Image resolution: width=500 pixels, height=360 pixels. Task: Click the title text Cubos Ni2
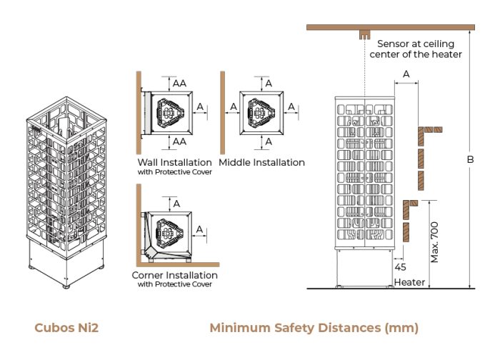point(66,328)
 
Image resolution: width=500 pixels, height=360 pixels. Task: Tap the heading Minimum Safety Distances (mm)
point(314,328)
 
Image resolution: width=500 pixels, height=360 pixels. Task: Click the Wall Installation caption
point(175,162)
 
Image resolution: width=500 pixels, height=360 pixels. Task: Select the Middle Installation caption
point(262,162)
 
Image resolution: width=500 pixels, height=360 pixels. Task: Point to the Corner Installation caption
point(175,275)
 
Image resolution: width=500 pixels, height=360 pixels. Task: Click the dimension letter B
point(470,159)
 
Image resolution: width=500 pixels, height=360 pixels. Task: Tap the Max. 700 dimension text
point(434,242)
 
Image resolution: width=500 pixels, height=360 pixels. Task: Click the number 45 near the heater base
point(400,267)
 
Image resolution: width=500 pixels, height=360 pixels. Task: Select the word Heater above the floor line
point(409,282)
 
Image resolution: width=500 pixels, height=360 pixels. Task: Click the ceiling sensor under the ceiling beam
point(365,34)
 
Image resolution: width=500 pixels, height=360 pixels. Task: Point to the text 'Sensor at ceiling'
point(416,44)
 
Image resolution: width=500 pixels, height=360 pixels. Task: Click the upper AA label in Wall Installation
point(179,84)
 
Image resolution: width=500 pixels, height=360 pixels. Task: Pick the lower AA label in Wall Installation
point(179,141)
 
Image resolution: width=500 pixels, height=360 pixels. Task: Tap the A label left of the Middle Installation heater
point(234,106)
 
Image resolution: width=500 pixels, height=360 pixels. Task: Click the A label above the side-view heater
point(406,74)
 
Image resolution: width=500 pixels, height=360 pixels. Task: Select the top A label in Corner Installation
point(176,204)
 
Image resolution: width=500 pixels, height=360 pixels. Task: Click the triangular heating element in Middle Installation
point(261,113)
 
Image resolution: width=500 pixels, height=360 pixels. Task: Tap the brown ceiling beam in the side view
point(391,27)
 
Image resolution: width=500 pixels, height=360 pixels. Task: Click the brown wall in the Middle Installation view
point(223,113)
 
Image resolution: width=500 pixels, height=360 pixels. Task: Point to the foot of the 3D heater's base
point(66,286)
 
